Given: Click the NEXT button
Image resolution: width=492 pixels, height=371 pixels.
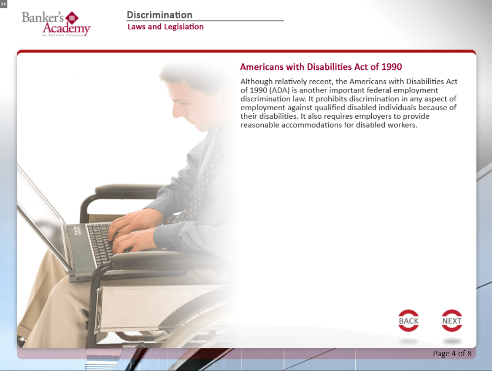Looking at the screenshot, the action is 451,321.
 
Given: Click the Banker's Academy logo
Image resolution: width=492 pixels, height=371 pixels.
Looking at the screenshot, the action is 56,24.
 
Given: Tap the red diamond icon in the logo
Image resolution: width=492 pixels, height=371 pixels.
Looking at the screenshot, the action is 72,18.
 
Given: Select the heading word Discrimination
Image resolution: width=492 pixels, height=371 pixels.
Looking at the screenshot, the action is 159,15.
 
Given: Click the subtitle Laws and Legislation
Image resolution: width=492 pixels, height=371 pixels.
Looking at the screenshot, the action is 165,27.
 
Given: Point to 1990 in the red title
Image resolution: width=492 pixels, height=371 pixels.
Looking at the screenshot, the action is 392,67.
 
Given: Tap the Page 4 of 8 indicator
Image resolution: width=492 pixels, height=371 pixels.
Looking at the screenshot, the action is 452,353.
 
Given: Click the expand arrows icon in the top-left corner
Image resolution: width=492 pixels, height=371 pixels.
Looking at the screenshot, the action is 3,4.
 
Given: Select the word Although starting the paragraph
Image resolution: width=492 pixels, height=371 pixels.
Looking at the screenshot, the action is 257,82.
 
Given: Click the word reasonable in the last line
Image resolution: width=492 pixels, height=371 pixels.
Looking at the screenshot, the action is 260,125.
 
